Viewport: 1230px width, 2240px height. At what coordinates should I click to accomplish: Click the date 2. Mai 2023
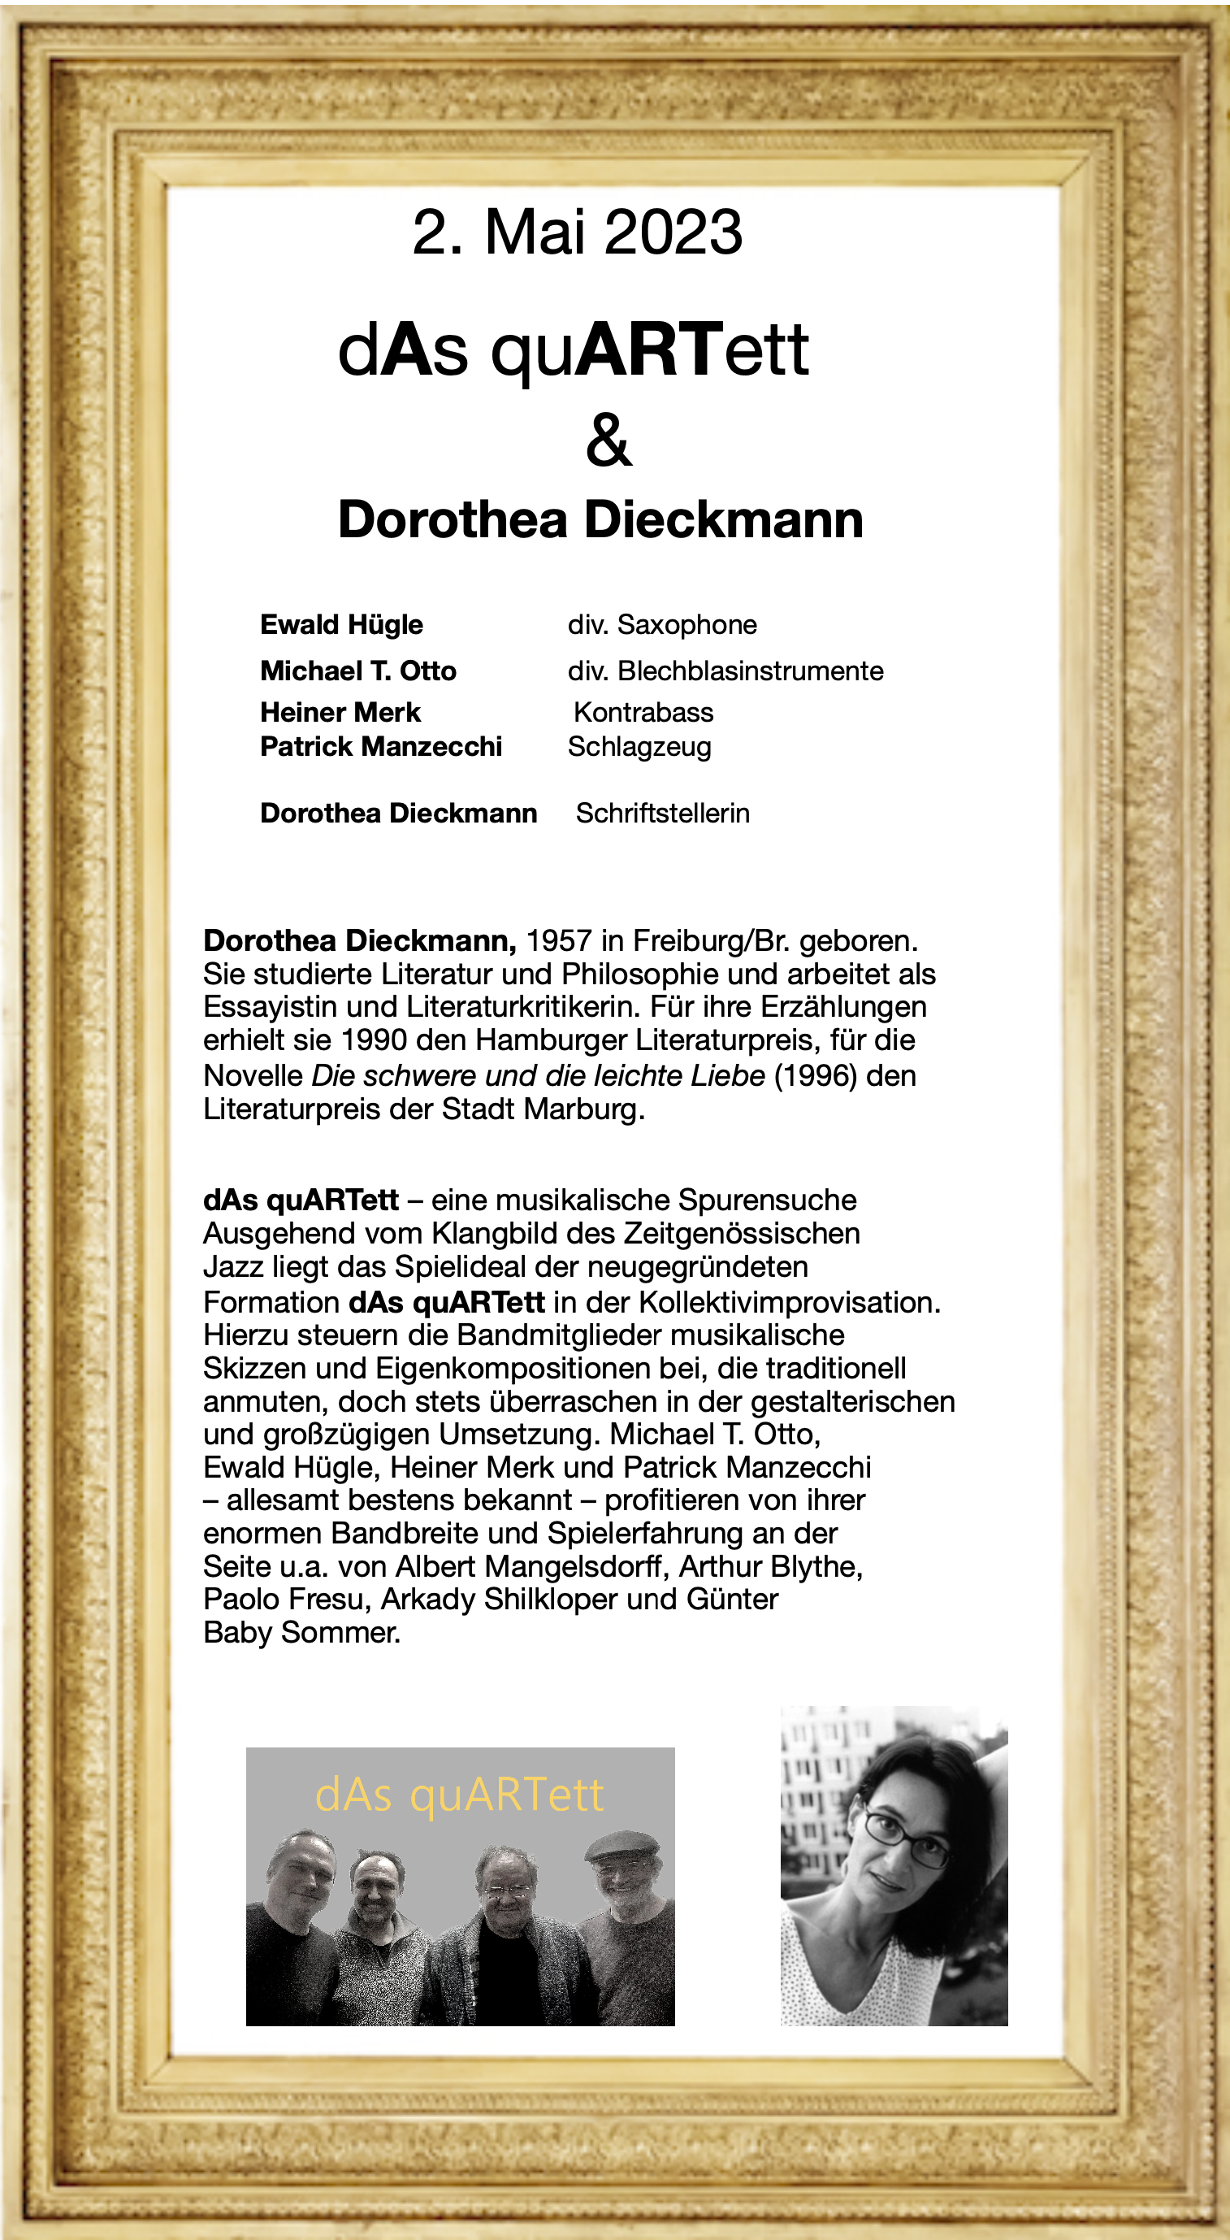577,233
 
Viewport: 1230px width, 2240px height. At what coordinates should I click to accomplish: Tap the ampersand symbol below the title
609,440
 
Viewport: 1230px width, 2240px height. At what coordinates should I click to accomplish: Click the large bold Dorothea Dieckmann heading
600,520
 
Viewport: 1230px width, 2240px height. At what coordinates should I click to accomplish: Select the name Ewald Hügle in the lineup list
340,624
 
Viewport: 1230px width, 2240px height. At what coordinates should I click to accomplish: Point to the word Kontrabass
643,712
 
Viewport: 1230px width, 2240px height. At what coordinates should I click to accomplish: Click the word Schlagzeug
639,747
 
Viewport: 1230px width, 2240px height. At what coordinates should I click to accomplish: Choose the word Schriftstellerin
662,813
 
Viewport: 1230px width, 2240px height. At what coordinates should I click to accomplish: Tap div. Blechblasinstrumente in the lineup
725,671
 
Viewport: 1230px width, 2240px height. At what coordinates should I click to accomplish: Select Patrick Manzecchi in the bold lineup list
381,747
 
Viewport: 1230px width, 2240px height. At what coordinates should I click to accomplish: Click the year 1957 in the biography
559,941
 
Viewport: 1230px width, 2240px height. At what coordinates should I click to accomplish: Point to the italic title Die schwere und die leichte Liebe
538,1075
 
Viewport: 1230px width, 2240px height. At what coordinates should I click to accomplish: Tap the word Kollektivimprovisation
790,1303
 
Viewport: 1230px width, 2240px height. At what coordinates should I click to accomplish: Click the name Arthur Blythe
770,1566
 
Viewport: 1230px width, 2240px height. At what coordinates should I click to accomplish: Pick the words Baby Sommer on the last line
301,1632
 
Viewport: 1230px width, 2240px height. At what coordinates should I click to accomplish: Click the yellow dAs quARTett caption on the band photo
459,1794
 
